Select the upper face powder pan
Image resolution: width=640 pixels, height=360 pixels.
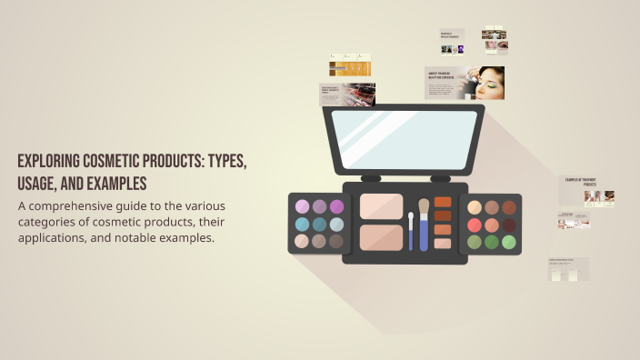[x=381, y=205]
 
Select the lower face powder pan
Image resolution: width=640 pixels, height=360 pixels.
[x=381, y=237]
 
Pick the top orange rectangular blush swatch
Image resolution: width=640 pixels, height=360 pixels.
[x=443, y=202]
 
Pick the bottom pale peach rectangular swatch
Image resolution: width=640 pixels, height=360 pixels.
[x=443, y=244]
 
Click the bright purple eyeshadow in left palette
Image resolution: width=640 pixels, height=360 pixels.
[x=336, y=206]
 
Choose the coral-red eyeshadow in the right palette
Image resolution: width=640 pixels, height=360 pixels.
[x=492, y=225]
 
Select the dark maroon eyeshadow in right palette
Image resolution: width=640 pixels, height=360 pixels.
[x=509, y=225]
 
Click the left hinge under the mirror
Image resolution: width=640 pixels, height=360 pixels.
[x=371, y=178]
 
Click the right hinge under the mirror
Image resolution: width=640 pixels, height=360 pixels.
[x=440, y=178]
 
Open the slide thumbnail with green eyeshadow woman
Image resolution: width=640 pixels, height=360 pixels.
[x=465, y=83]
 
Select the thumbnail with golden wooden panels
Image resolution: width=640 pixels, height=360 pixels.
[x=350, y=65]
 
